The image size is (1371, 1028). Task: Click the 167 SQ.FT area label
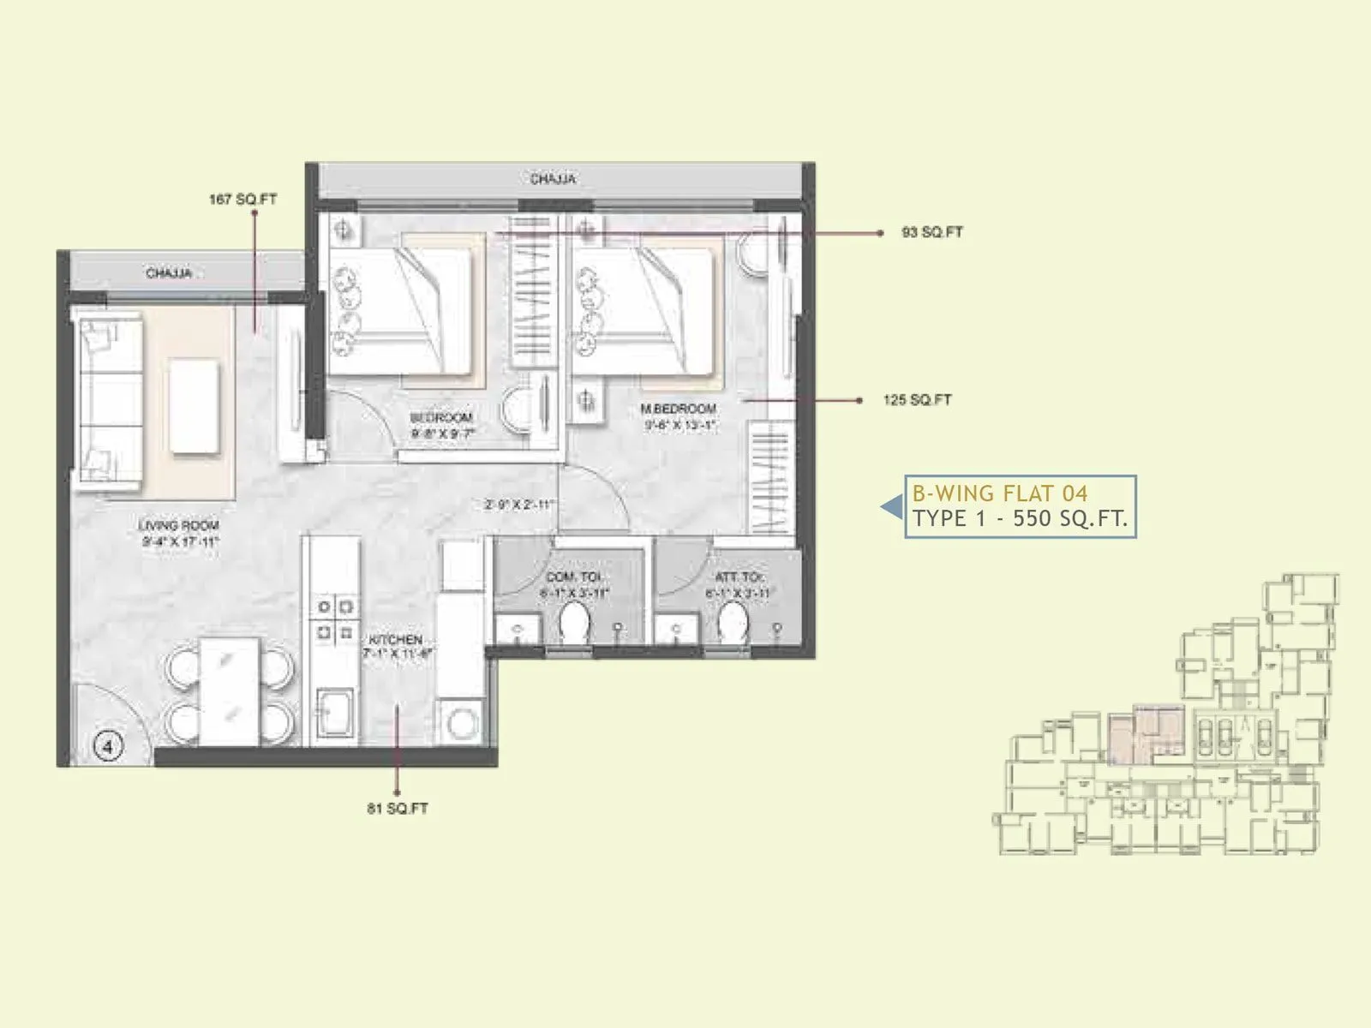(242, 200)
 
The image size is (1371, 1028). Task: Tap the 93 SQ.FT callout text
(932, 232)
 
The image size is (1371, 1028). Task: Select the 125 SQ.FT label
(917, 400)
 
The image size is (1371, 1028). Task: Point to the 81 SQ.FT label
(398, 808)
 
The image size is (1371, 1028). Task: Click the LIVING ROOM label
(179, 525)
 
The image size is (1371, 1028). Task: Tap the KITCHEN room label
(396, 640)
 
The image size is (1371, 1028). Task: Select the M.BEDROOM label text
(679, 409)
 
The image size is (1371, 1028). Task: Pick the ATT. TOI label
(739, 577)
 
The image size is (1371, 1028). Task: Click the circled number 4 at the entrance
(108, 746)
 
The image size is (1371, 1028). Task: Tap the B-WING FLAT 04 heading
(999, 493)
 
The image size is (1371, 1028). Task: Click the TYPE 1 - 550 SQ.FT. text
(1020, 519)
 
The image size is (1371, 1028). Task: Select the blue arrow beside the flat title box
(892, 507)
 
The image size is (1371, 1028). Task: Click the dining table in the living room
(229, 691)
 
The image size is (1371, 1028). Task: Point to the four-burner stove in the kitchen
(335, 620)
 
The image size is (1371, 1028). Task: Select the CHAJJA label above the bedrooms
(553, 179)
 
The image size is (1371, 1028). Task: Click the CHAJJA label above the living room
(169, 273)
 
